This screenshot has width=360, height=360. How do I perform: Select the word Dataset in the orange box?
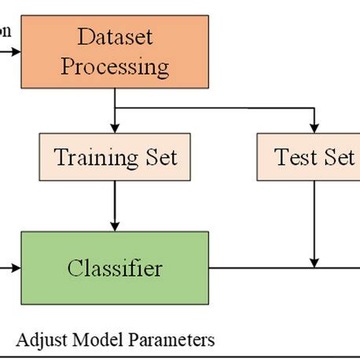115,36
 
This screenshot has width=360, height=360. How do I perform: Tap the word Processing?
115,66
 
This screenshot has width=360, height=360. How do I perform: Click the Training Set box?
116,157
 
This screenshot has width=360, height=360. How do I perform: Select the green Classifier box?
115,269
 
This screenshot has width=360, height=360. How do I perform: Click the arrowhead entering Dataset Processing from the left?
17,53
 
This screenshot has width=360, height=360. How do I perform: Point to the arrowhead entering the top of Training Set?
116,127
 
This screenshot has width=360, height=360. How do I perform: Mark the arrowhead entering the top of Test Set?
314,127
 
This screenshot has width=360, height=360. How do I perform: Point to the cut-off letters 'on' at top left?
6,32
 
